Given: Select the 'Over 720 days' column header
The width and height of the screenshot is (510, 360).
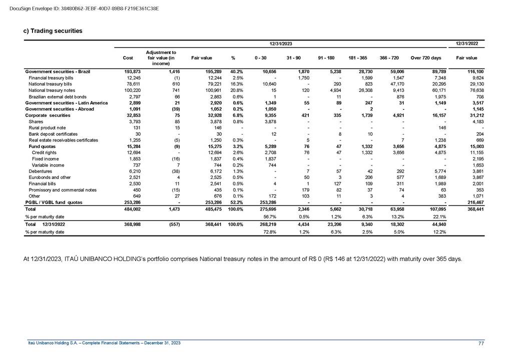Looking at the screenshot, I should click(x=425, y=58).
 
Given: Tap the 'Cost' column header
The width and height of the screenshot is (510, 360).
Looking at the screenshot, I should click(x=128, y=58).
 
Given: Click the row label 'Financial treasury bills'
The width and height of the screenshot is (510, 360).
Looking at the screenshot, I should click(x=51, y=78).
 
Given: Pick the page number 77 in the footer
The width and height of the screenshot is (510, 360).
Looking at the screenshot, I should click(x=481, y=342).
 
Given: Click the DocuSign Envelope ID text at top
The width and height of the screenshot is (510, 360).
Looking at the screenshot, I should click(x=84, y=8).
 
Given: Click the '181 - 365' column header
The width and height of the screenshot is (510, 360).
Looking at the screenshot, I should click(x=357, y=58).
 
